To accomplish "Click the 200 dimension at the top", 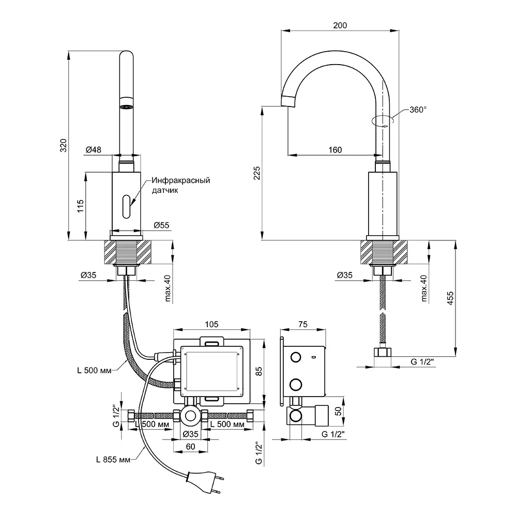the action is click(340, 25).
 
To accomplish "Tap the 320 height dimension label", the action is click(63, 145).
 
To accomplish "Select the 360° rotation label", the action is click(418, 110).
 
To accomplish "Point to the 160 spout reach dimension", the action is click(335, 150).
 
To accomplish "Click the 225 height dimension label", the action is click(257, 173).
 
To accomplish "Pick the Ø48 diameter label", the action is click(94, 150).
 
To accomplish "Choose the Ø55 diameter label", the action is click(161, 225).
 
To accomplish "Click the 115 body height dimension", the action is click(80, 206).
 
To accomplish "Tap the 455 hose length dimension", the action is click(450, 298).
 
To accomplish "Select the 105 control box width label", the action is click(211, 325).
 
